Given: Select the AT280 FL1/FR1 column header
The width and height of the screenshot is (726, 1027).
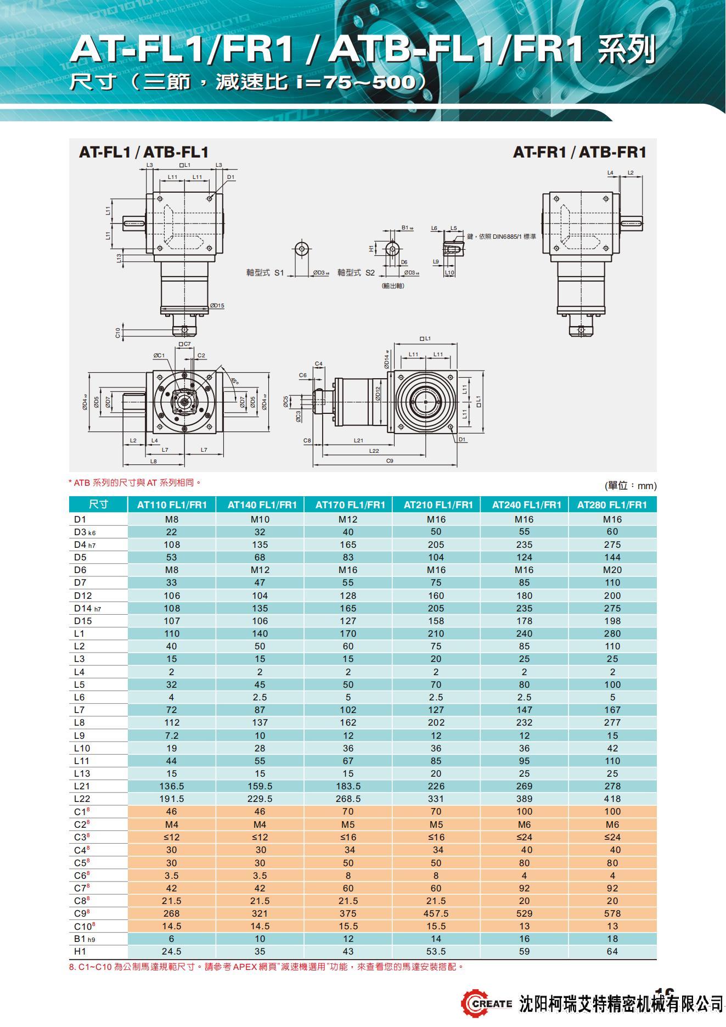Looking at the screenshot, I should (x=612, y=504).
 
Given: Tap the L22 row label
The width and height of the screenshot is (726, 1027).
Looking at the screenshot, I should (x=82, y=799).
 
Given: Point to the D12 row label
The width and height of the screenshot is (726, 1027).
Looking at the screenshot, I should (x=83, y=596).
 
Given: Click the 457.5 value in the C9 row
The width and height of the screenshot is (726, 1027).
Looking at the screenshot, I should (x=436, y=913).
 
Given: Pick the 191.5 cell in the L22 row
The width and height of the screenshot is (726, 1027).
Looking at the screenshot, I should (x=171, y=799).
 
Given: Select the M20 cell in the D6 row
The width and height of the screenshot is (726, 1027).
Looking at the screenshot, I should (x=612, y=570).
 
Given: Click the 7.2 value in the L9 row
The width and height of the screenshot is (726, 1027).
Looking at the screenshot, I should (x=171, y=736).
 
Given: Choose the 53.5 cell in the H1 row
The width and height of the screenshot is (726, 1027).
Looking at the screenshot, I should (x=436, y=951).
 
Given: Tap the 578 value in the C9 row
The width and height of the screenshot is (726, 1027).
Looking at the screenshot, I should (x=612, y=913).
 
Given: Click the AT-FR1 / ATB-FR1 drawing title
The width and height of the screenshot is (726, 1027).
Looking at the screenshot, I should (x=579, y=152).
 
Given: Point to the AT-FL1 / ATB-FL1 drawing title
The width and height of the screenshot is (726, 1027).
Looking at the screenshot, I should (x=144, y=152).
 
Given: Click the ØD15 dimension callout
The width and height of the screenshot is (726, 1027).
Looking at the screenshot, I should (x=217, y=306).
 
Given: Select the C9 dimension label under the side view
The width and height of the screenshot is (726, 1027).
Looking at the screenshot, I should (x=390, y=461).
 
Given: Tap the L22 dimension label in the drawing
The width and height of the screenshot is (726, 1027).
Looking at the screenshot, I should (x=374, y=451).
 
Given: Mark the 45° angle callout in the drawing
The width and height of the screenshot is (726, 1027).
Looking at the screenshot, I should (x=234, y=380).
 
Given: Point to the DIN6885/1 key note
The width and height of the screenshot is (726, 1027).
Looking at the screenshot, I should (x=501, y=237).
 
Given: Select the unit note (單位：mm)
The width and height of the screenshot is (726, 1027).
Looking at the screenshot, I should (x=630, y=486).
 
